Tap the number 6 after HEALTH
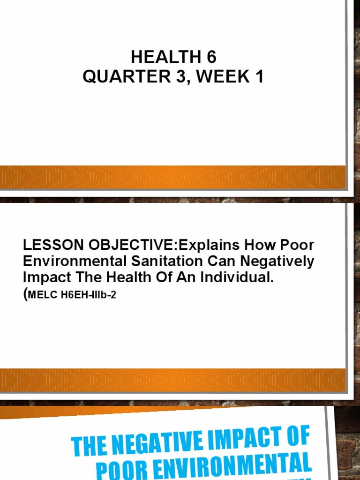(211, 58)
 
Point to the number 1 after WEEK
(259, 76)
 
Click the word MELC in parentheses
(41, 296)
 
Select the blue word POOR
(127, 471)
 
